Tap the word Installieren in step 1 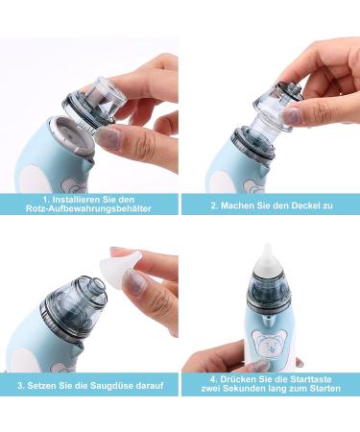[x=58, y=200]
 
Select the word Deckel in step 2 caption [x=298, y=205]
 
